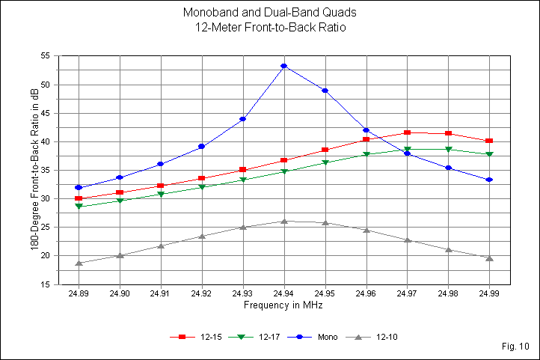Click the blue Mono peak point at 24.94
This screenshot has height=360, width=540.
point(284,66)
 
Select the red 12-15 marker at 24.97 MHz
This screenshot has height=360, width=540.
point(407,132)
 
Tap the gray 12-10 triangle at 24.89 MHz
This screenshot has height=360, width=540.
point(79,263)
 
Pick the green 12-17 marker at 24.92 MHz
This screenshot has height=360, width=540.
point(202,187)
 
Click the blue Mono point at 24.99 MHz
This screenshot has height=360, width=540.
point(489,180)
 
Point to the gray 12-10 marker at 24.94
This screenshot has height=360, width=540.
point(284,221)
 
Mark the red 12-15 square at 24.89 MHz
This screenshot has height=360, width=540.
point(79,199)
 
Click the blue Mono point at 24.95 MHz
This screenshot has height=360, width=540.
point(325,91)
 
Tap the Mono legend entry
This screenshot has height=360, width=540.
point(318,337)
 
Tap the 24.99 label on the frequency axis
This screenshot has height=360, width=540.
point(489,295)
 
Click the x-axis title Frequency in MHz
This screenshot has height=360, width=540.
point(283,306)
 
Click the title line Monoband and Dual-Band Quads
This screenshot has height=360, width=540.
point(270,13)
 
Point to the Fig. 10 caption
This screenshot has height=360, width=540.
point(516,346)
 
